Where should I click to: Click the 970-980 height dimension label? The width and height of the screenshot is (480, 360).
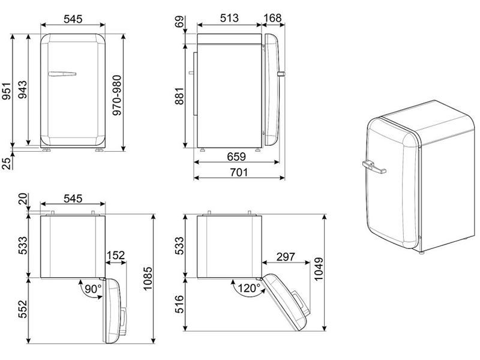(117, 95)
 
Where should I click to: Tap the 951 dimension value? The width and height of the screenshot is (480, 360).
(7, 91)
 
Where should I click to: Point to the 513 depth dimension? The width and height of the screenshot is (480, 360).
(229, 18)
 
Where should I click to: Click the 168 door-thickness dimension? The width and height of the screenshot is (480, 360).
(272, 18)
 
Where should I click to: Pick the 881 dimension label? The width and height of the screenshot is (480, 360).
(179, 96)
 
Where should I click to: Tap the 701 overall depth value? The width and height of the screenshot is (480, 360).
(239, 172)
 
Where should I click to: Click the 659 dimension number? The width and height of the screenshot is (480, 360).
(236, 157)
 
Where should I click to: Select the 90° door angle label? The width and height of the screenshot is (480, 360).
(93, 288)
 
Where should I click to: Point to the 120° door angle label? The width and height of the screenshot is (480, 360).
(249, 288)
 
